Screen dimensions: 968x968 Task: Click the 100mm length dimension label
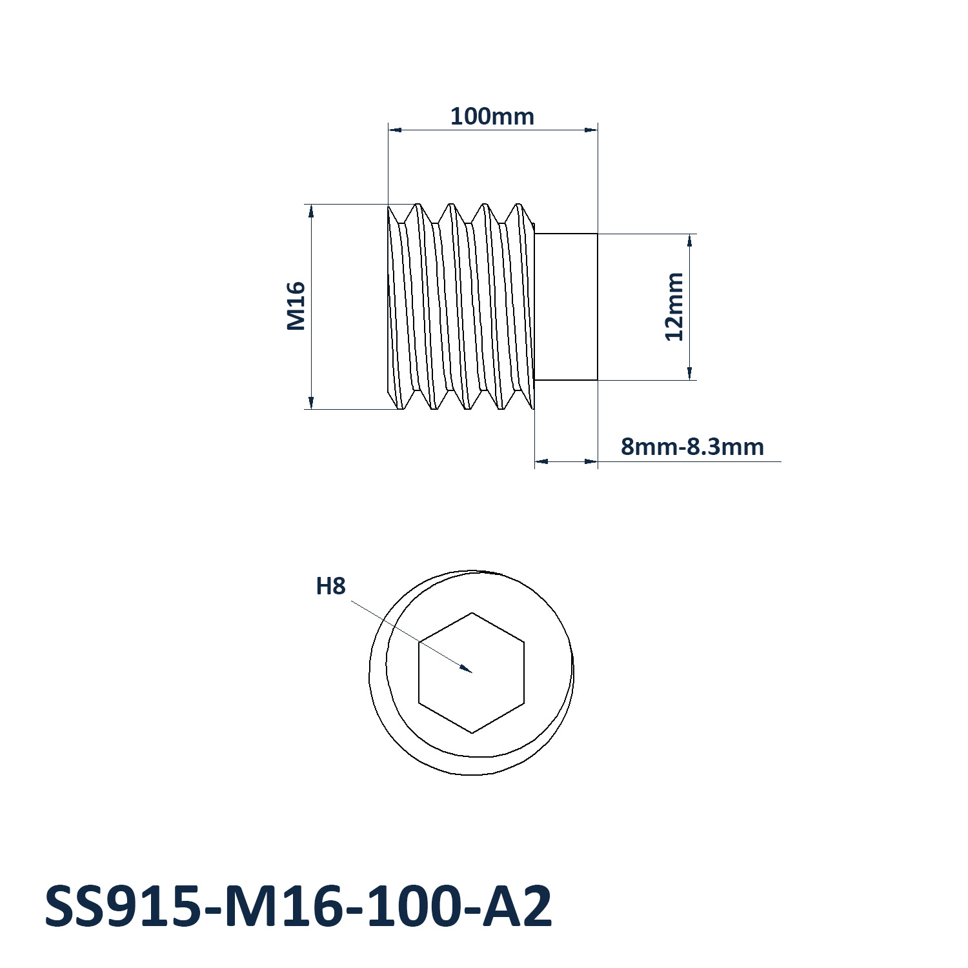(x=492, y=117)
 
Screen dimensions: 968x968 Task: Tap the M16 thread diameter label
(x=296, y=306)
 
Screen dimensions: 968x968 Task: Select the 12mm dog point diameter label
(x=674, y=307)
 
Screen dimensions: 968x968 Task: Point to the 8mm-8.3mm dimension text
(x=692, y=447)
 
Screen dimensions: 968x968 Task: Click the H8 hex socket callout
(x=330, y=586)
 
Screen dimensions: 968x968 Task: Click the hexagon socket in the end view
(x=472, y=672)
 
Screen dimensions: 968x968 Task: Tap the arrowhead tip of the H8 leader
(x=472, y=672)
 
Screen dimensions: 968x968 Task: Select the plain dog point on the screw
(x=566, y=307)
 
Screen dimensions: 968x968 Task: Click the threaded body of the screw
(x=461, y=307)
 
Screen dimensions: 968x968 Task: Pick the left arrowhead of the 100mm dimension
(x=388, y=130)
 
